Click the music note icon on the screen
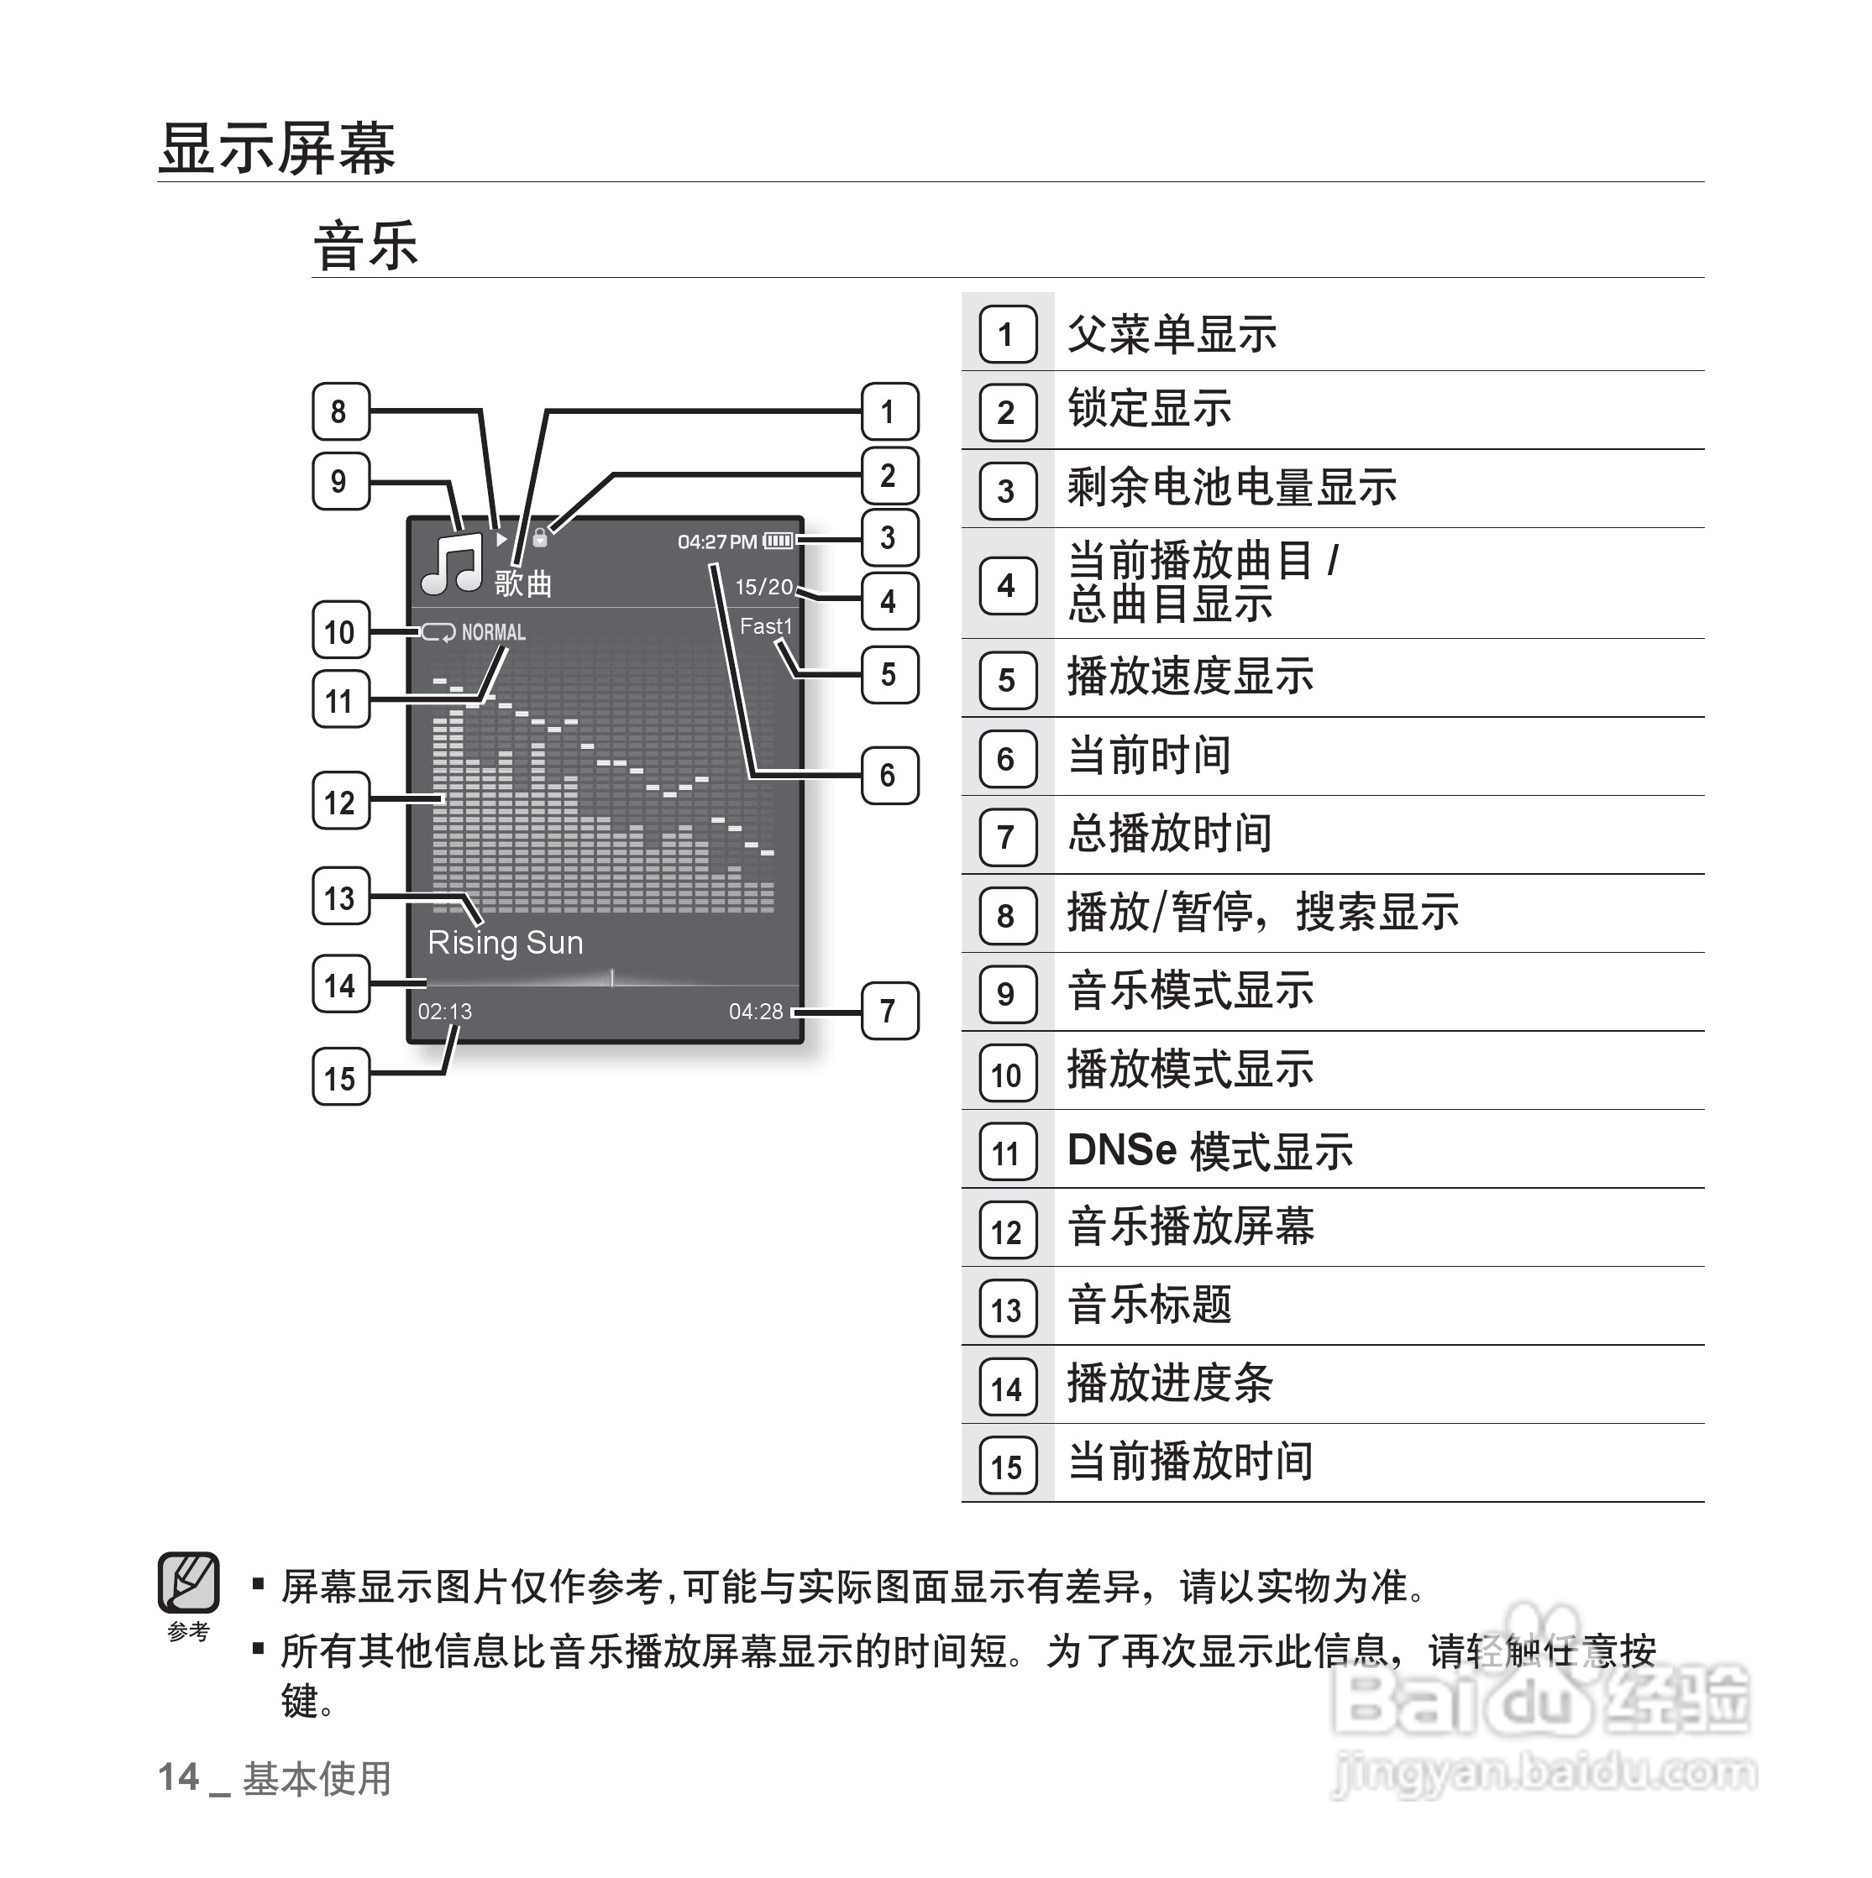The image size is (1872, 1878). pyautogui.click(x=452, y=564)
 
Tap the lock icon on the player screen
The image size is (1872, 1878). pyautogui.click(x=540, y=536)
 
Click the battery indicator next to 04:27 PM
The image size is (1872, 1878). pyautogui.click(x=778, y=541)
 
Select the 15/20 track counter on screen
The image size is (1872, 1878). pyautogui.click(x=763, y=587)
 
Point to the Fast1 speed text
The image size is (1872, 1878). pyautogui.click(x=765, y=627)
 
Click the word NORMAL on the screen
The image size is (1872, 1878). pyautogui.click(x=493, y=633)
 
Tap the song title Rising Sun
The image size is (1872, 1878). pyautogui.click(x=505, y=943)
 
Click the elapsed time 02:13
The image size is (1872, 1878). pyautogui.click(x=444, y=1012)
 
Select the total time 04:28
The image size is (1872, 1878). pyautogui.click(x=756, y=1012)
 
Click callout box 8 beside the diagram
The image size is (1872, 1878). pyautogui.click(x=340, y=412)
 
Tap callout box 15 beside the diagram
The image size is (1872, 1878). pyautogui.click(x=340, y=1078)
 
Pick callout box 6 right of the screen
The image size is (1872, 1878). pyautogui.click(x=889, y=776)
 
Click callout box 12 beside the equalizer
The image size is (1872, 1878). pyautogui.click(x=340, y=802)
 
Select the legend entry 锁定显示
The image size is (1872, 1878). pyautogui.click(x=1150, y=409)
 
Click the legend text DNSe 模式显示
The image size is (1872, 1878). pyautogui.click(x=1209, y=1152)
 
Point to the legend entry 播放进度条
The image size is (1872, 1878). pyautogui.click(x=1170, y=1384)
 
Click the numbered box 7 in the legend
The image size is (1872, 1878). pyautogui.click(x=1006, y=837)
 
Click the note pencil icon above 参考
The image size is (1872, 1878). pyautogui.click(x=189, y=1583)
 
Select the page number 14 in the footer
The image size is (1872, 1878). pyautogui.click(x=179, y=1778)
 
